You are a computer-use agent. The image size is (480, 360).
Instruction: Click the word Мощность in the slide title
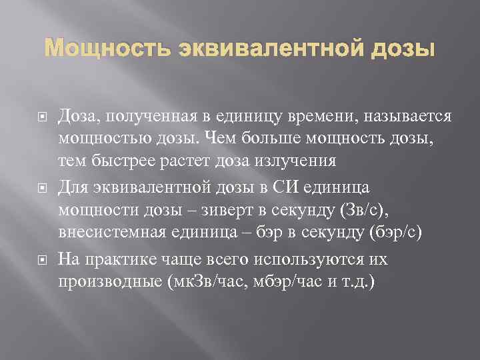pos(91,50)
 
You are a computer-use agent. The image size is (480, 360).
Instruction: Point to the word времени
pos(322,116)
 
